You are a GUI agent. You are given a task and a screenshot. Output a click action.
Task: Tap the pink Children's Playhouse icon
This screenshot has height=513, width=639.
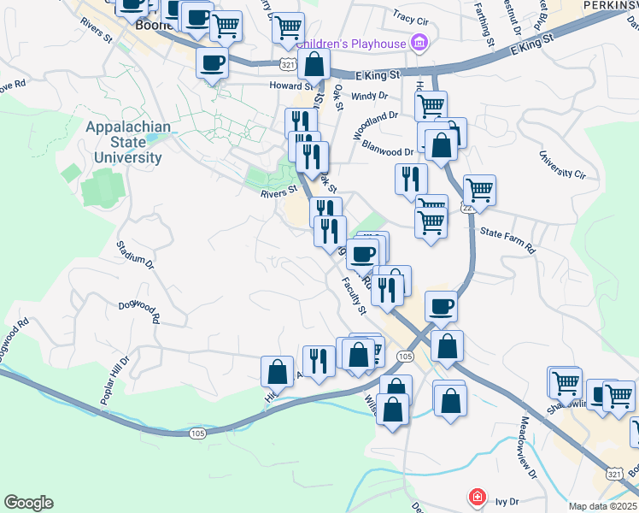[419, 42]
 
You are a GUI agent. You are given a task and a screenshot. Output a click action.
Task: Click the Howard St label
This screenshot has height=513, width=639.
[287, 85]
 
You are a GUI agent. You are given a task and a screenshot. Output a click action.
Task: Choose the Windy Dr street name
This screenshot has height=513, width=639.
[368, 97]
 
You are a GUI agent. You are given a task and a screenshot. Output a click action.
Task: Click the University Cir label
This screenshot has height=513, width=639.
[562, 167]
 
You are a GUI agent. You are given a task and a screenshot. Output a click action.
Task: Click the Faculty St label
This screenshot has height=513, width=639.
[353, 294]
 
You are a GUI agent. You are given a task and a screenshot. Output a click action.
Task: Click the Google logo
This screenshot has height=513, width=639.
[28, 503]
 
